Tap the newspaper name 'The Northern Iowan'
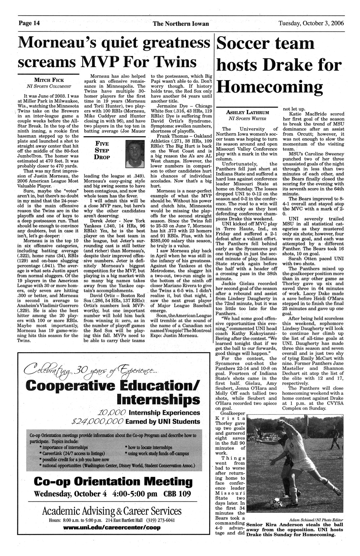click(x=180, y=24)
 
